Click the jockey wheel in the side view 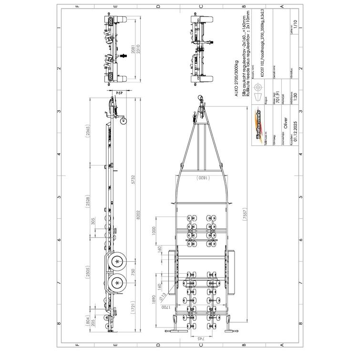(x=125, y=121)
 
